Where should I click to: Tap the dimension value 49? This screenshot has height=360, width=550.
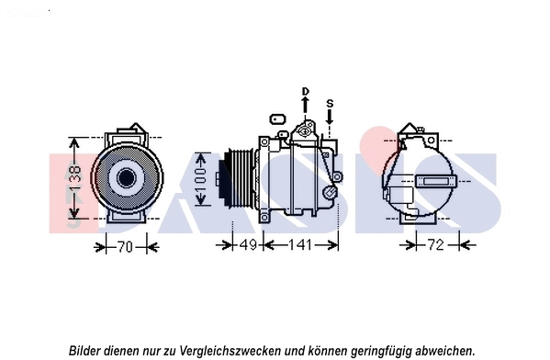tap(247, 245)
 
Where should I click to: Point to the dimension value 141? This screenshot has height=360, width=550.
tap(298, 245)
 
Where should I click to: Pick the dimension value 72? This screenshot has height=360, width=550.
tap(435, 245)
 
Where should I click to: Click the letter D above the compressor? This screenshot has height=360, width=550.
tap(305, 91)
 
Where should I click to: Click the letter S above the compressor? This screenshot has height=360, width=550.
tap(331, 103)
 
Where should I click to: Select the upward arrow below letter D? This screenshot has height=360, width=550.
tap(305, 107)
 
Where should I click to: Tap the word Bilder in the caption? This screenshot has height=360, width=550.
tap(85, 350)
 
